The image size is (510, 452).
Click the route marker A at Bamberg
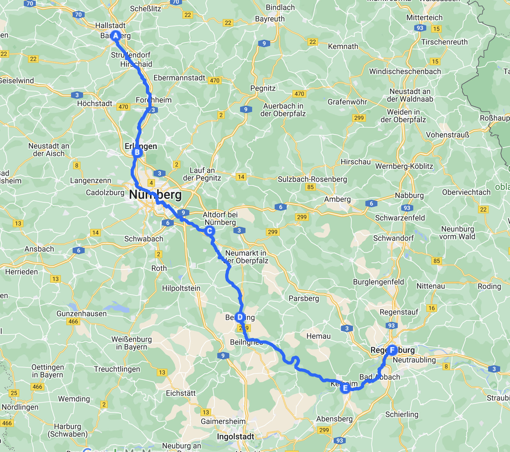115,36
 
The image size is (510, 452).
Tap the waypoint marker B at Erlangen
137,152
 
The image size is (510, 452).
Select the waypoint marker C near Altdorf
209,231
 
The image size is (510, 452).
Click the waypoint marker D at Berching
240,317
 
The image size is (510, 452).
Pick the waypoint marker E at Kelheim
345,388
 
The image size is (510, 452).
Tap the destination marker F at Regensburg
392,350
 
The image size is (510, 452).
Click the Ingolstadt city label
235,436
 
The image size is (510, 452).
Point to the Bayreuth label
270,19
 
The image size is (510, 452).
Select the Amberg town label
337,199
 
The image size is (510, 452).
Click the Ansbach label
39,249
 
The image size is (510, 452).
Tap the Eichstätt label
181,393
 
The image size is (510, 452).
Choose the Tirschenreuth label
444,42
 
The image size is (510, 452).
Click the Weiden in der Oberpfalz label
403,116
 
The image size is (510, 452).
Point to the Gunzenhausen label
82,313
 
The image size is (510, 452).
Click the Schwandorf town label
393,238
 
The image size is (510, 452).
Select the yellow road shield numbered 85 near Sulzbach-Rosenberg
311,187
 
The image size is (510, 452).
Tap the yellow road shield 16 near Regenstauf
432,308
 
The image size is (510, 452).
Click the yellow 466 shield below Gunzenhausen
73,321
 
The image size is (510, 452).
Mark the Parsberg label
304,298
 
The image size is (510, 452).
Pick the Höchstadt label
95,103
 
